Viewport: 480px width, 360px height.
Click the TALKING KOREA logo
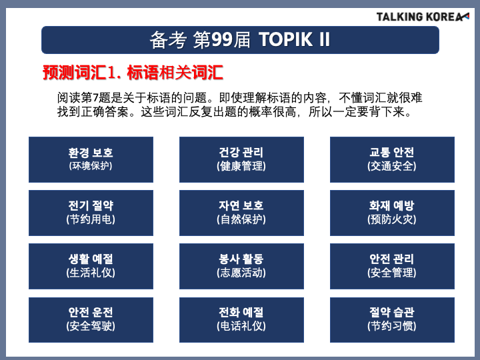[x=423, y=17]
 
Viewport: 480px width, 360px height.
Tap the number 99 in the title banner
[x=222, y=40]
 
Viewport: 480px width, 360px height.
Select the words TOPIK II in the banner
[x=295, y=40]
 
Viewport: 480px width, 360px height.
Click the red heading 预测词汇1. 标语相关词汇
[x=133, y=73]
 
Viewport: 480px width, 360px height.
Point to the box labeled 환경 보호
[x=91, y=159]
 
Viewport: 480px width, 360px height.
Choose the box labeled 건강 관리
[x=241, y=159]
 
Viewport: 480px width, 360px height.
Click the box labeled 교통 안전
[x=392, y=159]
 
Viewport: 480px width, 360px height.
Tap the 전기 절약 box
[x=91, y=213]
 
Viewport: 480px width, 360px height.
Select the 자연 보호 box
[x=241, y=213]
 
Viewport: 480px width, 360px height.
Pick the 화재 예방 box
[x=392, y=213]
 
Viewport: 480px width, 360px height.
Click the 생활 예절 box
[x=91, y=266]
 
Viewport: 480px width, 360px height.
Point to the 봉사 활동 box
[x=241, y=266]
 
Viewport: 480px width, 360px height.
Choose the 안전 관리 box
[x=392, y=266]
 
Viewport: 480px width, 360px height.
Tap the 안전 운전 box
[x=91, y=320]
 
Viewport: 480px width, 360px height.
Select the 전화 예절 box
[x=241, y=320]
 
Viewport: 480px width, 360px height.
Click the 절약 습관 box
[x=392, y=320]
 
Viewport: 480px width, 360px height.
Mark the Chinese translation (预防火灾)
[x=392, y=219]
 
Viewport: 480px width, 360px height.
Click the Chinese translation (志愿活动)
[x=241, y=273]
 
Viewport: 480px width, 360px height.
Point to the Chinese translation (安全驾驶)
[x=91, y=326]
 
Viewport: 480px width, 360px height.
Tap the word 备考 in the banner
[x=168, y=40]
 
